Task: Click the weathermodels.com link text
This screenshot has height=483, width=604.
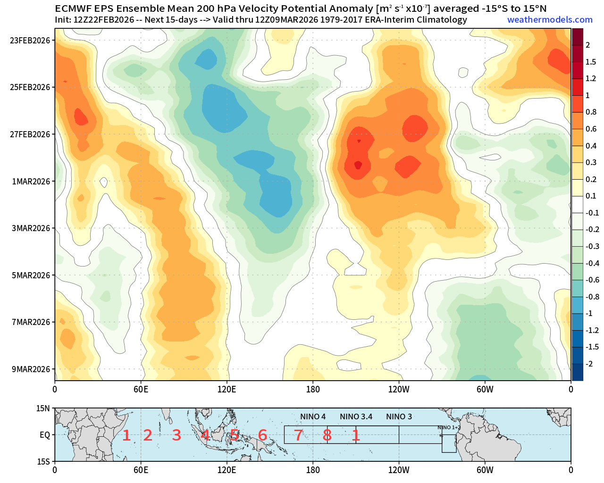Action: point(550,20)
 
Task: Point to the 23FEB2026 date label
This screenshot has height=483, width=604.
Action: point(30,41)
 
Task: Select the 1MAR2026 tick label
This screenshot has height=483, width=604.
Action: point(31,182)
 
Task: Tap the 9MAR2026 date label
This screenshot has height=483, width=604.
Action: point(31,369)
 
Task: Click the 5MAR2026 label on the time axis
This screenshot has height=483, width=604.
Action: point(31,275)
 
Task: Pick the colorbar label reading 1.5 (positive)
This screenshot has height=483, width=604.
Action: point(591,62)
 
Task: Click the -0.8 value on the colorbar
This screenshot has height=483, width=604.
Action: point(592,297)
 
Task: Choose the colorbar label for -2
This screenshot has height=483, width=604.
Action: point(589,364)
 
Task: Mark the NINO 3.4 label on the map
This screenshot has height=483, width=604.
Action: point(356,416)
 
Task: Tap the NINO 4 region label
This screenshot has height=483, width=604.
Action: point(313,416)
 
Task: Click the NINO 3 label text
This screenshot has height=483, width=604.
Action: point(399,416)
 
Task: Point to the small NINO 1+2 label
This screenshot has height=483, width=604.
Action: point(449,427)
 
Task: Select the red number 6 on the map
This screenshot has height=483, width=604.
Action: point(263,435)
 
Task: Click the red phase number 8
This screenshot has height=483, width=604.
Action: point(327,435)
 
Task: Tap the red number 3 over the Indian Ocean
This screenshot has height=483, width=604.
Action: point(176,435)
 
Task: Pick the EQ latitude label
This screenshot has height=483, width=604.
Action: point(44,435)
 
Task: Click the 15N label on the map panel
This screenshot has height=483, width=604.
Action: point(43,408)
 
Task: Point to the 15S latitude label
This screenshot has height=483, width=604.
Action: point(43,461)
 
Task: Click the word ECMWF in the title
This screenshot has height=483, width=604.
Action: point(72,8)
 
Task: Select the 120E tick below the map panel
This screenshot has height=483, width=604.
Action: point(226,470)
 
